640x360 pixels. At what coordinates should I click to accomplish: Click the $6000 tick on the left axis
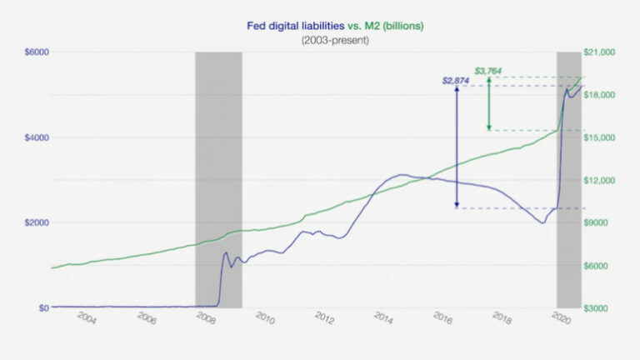pyautogui.click(x=37, y=52)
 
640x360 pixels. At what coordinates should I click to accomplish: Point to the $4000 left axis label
pyautogui.click(x=37, y=137)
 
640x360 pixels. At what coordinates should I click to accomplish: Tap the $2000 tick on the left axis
pyautogui.click(x=37, y=222)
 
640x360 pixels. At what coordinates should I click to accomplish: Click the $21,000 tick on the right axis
pyautogui.click(x=601, y=52)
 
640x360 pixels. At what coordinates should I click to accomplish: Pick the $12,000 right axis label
pyautogui.click(x=601, y=180)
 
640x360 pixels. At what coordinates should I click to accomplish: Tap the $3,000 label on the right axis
pyautogui.click(x=599, y=307)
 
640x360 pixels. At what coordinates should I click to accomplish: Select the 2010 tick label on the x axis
pyautogui.click(x=265, y=318)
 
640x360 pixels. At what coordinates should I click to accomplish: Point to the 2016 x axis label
pyautogui.click(x=442, y=318)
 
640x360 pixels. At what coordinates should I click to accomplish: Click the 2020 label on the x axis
pyautogui.click(x=561, y=318)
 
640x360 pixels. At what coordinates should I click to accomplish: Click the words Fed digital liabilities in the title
pyautogui.click(x=295, y=26)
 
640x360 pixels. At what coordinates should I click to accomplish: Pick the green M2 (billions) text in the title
pyautogui.click(x=398, y=26)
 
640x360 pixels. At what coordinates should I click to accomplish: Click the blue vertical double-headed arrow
pyautogui.click(x=457, y=147)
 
